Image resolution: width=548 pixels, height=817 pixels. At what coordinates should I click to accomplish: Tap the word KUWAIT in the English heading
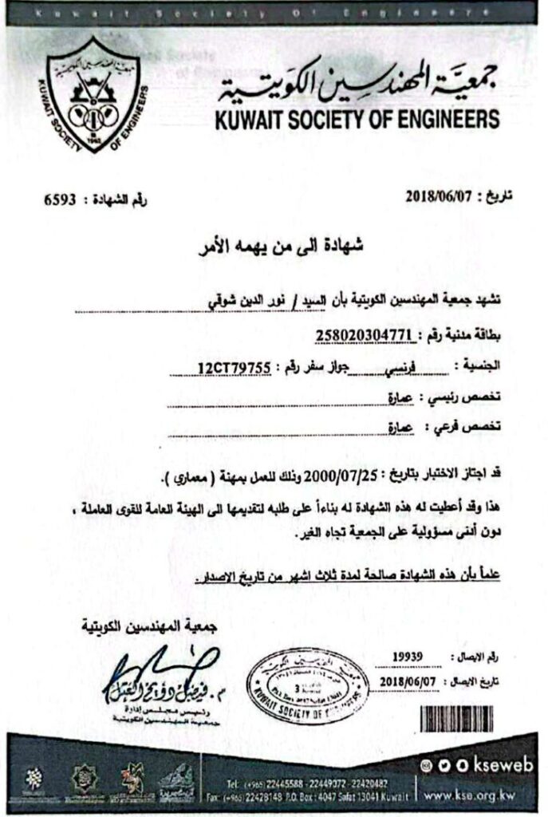coord(250,120)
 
